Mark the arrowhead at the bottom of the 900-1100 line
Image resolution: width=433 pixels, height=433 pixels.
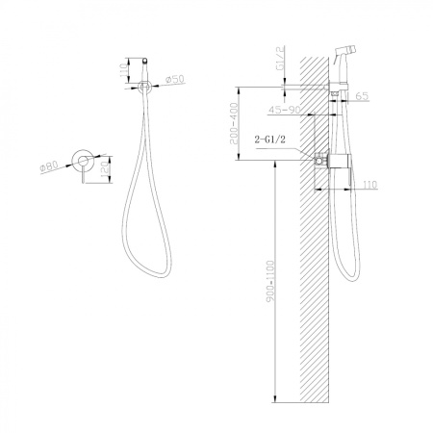[277, 399]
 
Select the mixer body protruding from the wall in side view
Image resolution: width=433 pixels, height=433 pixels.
[331, 163]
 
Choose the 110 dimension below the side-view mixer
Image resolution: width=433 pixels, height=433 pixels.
[369, 182]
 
